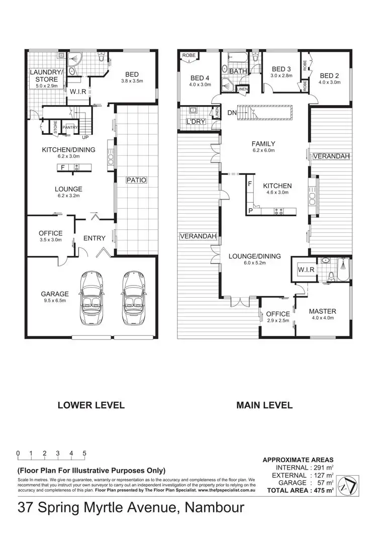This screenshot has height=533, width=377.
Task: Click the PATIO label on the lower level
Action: (136, 179)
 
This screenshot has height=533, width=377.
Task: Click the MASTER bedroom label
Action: (322, 311)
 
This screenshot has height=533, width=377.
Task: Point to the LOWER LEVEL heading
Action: (90, 405)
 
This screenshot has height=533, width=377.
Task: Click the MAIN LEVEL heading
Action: (264, 405)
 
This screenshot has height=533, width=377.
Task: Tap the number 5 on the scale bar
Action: (84, 453)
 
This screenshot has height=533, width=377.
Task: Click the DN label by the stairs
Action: (232, 113)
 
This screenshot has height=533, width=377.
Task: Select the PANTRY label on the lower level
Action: (69, 128)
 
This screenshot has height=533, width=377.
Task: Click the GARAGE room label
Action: (55, 294)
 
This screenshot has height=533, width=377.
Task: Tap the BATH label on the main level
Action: (238, 71)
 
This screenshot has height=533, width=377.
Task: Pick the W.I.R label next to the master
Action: (306, 270)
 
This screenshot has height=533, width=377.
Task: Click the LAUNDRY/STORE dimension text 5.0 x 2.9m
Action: (47, 86)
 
